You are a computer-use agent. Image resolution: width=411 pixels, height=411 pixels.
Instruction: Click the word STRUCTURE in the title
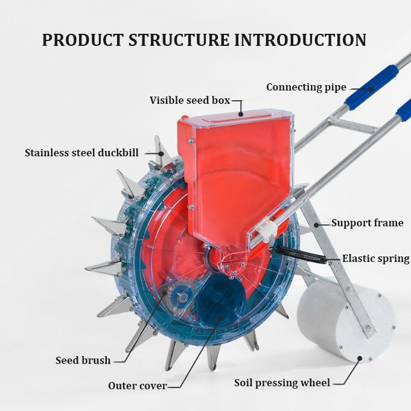pyautogui.click(x=179, y=40)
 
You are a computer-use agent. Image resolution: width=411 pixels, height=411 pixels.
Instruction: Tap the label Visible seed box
pyautogui.click(x=190, y=100)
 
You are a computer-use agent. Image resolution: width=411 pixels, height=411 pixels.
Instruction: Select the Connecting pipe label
pyautogui.click(x=306, y=88)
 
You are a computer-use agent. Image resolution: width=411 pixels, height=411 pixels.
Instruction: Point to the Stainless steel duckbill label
pyautogui.click(x=81, y=153)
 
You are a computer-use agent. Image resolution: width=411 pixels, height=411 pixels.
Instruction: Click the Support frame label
pyautogui.click(x=367, y=223)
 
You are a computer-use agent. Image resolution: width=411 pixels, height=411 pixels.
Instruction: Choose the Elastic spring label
pyautogui.click(x=375, y=258)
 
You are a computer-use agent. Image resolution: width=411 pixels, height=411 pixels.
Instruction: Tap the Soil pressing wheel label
pyautogui.click(x=282, y=383)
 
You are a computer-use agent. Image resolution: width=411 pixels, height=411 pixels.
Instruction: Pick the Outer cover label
pyautogui.click(x=138, y=386)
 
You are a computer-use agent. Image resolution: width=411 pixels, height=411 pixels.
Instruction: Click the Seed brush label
pyautogui.click(x=83, y=360)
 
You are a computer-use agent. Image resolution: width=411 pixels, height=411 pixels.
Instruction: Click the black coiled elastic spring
pyautogui.click(x=300, y=254)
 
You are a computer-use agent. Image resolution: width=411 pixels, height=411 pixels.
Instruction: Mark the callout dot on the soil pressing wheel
pyautogui.click(x=360, y=358)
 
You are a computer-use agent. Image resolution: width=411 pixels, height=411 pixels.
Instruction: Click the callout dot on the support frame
pyautogui.click(x=316, y=225)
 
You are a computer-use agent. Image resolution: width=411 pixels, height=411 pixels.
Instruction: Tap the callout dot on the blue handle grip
pyautogui.click(x=371, y=89)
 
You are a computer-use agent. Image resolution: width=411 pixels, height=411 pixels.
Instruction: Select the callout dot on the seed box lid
pyautogui.click(x=241, y=114)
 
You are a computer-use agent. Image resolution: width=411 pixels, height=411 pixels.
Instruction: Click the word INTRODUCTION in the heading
pyautogui.click(x=300, y=40)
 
